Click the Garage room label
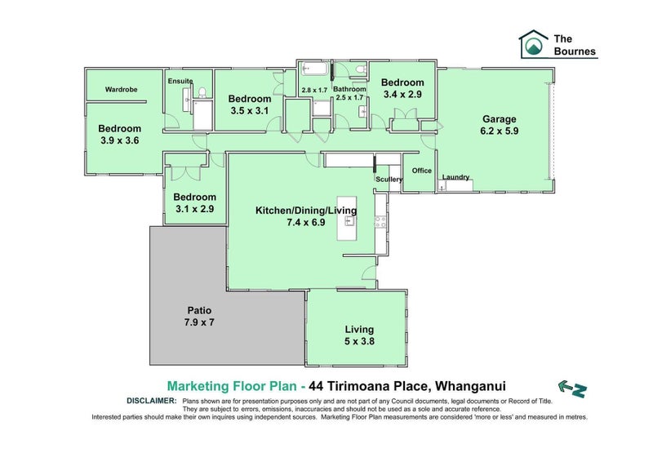coord(499,119)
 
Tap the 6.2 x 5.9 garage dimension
coord(500,131)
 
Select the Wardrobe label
coord(121,89)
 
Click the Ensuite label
coord(180,81)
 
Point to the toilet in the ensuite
coord(202,92)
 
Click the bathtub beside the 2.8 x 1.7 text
coord(314,69)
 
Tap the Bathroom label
coord(349,89)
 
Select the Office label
coord(422,171)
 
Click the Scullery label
coord(389,179)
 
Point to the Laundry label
coord(455,177)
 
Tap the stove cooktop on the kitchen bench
coord(380,222)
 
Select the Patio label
coord(199,310)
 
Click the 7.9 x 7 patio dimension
coord(199,322)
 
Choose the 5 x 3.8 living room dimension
coord(359,341)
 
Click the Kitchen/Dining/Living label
coord(306,211)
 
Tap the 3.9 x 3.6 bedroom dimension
coord(120,140)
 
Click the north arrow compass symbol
coord(573,389)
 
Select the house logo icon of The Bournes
coord(534,43)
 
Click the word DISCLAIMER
coord(152,401)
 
